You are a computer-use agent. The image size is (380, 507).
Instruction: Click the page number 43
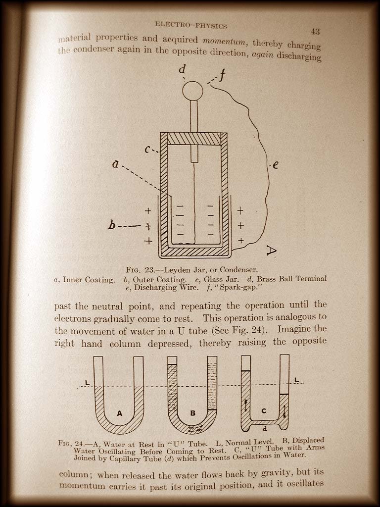[x=315, y=32]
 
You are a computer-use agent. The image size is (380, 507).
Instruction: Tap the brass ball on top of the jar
[x=192, y=91]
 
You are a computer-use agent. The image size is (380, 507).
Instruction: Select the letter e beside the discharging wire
[x=275, y=165]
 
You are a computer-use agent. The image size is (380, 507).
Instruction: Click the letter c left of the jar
[x=147, y=150]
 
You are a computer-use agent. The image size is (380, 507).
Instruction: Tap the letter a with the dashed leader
[x=115, y=164]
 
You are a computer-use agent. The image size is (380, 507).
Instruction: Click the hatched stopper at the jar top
[x=194, y=139]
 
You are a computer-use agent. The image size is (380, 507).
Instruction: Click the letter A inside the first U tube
[x=120, y=413]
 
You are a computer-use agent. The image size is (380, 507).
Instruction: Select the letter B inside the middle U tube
[x=192, y=413]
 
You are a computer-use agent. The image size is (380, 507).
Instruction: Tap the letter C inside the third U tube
[x=264, y=410]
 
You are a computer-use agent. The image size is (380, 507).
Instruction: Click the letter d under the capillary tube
[x=265, y=429]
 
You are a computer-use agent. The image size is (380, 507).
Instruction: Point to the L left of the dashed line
[x=87, y=383]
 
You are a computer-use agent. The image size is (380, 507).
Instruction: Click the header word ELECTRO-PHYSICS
[x=191, y=25]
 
